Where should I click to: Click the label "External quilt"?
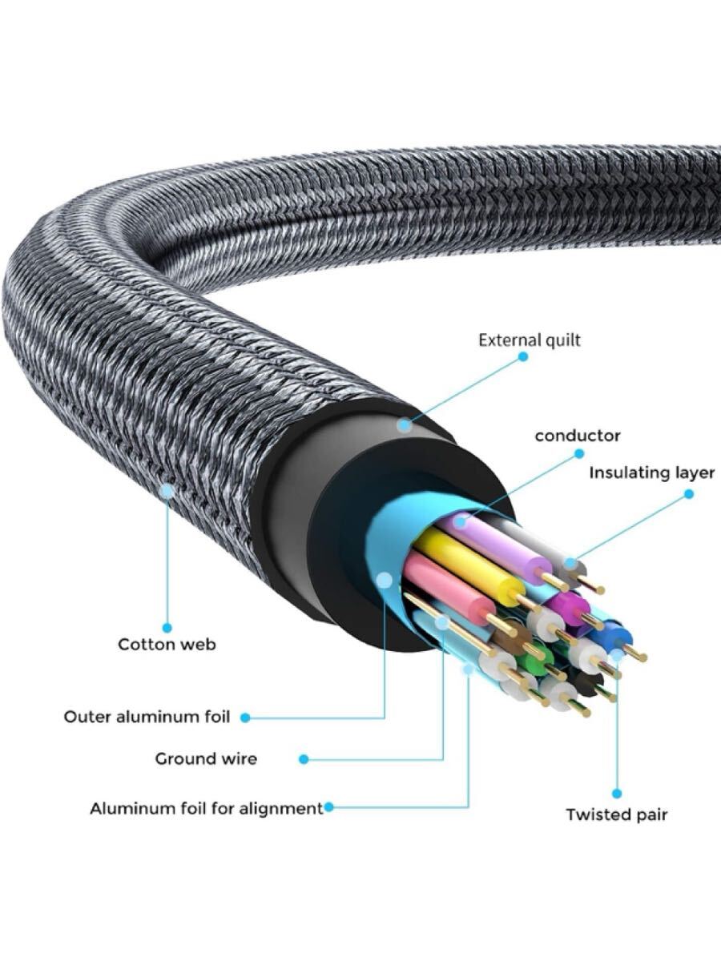coord(530,340)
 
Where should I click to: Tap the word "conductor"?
coord(577,436)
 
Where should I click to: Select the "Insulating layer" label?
coord(651,472)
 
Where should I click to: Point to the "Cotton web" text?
coord(167,644)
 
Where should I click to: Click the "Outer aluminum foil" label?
coord(147,717)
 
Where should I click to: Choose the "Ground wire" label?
coord(206,758)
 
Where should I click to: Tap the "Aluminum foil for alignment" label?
coord(206,808)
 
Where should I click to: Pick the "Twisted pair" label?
coord(616,814)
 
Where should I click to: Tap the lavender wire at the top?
coord(497,545)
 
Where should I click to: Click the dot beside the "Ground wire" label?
coord(304,758)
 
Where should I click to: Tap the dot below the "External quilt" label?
coord(523,356)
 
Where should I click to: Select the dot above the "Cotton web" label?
coord(167,628)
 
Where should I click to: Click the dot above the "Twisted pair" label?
coord(617,793)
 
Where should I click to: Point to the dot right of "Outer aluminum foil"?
coord(245,718)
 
